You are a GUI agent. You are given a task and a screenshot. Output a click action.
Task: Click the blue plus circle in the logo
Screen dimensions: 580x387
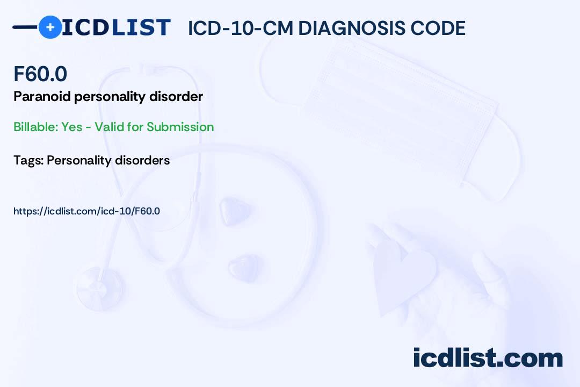click(x=50, y=27)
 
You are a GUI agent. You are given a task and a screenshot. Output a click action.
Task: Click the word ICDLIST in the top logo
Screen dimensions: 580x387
click(x=116, y=27)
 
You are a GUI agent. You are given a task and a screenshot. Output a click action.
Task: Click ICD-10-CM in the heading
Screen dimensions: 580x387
click(x=241, y=28)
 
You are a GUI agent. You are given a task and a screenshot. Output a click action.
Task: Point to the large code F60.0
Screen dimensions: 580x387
click(x=40, y=74)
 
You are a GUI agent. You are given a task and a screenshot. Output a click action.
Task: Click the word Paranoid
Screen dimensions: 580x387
click(x=42, y=97)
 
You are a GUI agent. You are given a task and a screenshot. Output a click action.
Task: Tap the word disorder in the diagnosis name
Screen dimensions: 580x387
click(x=176, y=97)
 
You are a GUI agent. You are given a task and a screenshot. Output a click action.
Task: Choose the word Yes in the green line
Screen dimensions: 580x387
click(x=72, y=127)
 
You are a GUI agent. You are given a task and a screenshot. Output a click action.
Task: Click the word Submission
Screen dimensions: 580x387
click(x=180, y=127)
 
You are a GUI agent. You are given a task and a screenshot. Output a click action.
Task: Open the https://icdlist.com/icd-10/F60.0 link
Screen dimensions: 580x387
click(x=87, y=211)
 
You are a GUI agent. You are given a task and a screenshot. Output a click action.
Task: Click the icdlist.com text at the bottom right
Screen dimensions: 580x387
click(x=488, y=357)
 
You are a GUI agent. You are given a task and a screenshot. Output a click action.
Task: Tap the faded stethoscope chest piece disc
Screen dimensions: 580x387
click(x=99, y=289)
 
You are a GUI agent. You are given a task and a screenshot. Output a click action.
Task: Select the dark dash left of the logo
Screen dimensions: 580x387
click(x=25, y=27)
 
